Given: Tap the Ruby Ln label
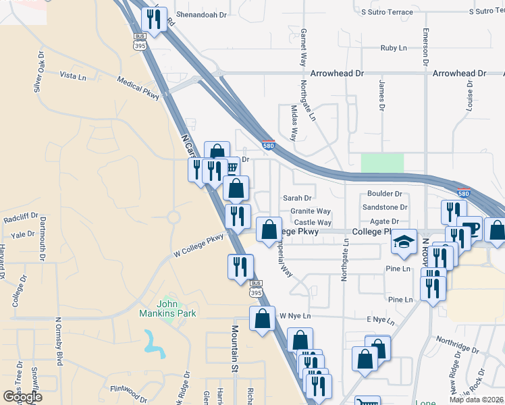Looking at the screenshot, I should tap(394, 48).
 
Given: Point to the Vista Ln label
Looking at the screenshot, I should tap(73, 76).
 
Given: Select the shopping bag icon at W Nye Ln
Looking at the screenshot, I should tap(262, 318).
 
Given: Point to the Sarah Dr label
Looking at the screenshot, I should tap(297, 198).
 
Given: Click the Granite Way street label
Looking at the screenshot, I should tap(311, 211).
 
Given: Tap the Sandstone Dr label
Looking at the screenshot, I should tap(385, 208).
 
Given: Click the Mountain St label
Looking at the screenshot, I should tap(236, 348).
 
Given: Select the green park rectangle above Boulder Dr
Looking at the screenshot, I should tap(382, 163).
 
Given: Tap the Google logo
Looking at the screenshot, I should tap(22, 397).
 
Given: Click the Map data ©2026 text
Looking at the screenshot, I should tap(477, 400).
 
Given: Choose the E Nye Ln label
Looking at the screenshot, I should tap(379, 319).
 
